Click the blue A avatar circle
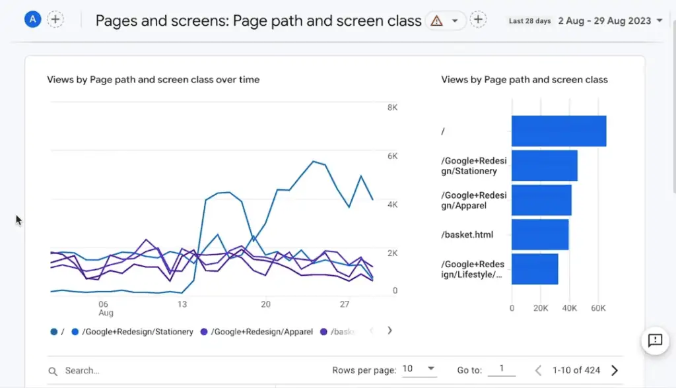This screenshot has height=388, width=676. click(x=32, y=19)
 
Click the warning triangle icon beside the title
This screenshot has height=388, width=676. click(x=436, y=20)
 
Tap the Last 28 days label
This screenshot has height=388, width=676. click(x=529, y=21)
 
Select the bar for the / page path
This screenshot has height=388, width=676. click(x=558, y=131)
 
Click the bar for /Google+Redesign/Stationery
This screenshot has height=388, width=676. click(x=544, y=166)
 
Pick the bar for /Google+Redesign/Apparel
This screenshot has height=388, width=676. click(x=541, y=200)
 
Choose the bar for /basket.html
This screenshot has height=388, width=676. click(x=540, y=234)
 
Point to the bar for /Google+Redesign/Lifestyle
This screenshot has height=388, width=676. click(x=535, y=269)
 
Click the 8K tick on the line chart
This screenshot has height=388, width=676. click(x=392, y=107)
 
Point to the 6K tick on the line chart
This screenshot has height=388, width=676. click(x=392, y=156)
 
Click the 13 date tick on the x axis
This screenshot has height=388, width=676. click(x=182, y=304)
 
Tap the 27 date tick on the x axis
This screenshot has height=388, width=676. click(x=344, y=304)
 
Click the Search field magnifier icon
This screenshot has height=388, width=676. click(x=53, y=372)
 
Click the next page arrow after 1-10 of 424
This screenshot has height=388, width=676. click(x=615, y=370)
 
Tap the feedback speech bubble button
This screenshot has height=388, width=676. click(x=655, y=340)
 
